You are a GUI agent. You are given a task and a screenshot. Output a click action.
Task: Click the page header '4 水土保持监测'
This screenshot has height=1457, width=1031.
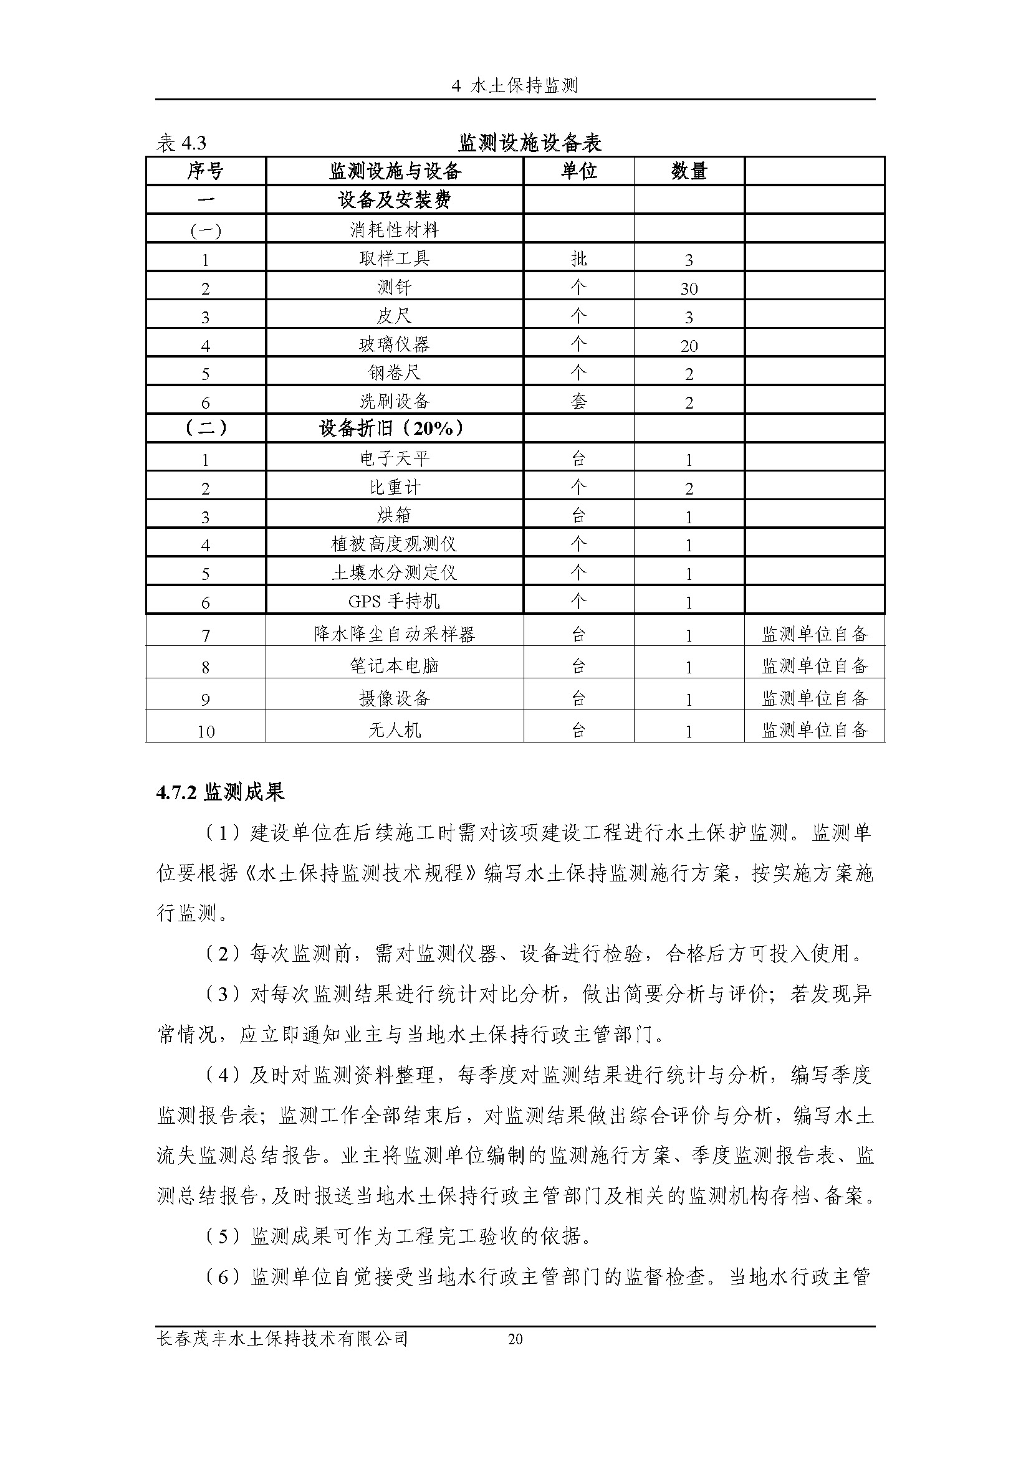tap(515, 86)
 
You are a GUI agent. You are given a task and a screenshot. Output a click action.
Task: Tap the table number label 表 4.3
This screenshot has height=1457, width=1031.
tap(181, 143)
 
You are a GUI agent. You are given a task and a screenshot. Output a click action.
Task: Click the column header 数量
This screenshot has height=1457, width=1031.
tap(689, 171)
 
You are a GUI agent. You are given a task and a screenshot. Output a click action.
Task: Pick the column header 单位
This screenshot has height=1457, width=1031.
tap(578, 171)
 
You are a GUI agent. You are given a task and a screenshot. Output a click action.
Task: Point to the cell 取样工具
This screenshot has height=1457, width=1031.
tap(394, 259)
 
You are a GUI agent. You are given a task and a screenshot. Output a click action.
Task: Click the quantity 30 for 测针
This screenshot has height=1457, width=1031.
tap(689, 289)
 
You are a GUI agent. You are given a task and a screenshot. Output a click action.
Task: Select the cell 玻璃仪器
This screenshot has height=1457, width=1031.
tap(394, 344)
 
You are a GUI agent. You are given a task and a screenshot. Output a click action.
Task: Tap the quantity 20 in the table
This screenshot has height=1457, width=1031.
tap(689, 346)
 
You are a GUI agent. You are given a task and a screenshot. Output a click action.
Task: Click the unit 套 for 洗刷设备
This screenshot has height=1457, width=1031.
tap(578, 401)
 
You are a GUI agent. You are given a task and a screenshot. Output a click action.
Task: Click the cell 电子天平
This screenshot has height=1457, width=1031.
tap(394, 458)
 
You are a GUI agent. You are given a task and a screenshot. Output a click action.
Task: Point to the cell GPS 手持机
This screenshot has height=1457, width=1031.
tap(394, 601)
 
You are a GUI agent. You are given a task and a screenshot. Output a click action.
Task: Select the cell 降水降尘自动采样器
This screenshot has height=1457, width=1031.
tap(394, 634)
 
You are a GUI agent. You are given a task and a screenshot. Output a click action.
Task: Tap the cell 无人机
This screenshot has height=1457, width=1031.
tap(394, 731)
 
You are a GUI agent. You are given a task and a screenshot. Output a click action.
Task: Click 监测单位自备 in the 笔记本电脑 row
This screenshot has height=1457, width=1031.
tap(815, 666)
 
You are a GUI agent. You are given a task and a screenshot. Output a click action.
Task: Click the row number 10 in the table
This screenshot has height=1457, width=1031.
tap(206, 732)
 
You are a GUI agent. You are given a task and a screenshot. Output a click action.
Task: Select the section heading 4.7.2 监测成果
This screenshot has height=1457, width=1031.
tap(220, 792)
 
